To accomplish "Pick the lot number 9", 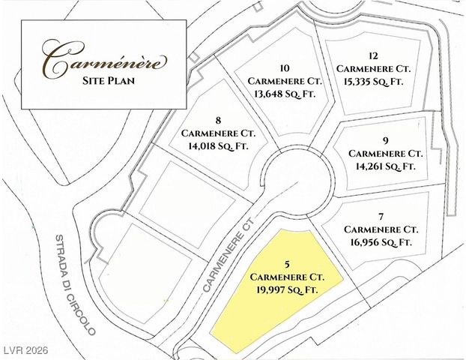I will coord(384,139).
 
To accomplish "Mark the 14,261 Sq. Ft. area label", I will coord(385,165).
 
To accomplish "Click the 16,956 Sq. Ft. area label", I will coord(381,241).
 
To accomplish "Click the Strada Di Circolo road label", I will coord(74,285).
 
